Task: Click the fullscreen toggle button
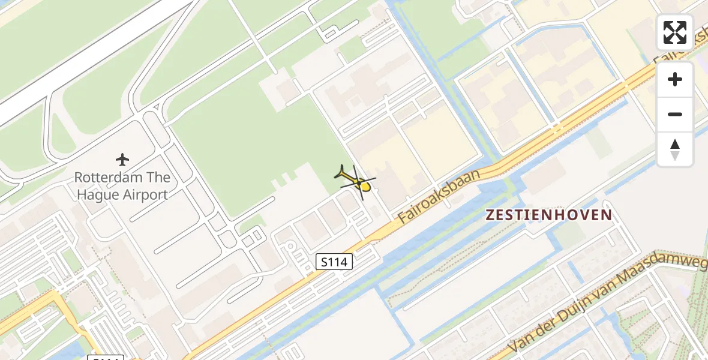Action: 675,32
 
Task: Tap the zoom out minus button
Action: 675,114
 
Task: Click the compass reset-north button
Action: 675,149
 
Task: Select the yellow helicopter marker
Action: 357,181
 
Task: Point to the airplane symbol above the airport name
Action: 122,160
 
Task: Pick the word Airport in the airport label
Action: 145,194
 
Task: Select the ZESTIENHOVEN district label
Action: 548,215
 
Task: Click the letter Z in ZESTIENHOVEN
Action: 490,215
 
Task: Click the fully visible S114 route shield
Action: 334,262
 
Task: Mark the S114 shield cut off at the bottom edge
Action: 106,358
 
